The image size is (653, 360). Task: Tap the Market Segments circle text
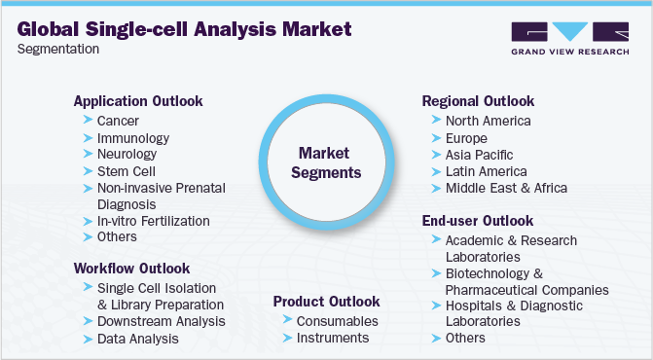point(330,162)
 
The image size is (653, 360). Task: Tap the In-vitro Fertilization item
point(153,221)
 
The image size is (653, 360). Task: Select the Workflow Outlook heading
point(131,268)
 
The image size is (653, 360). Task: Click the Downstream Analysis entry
point(161,320)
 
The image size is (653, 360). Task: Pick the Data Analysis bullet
point(137,339)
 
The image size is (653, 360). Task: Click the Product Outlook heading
point(326,302)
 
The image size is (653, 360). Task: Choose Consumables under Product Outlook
point(339,320)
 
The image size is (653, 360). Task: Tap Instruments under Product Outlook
point(332,338)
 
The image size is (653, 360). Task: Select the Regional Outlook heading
point(478,101)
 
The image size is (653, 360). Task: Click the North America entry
point(488,121)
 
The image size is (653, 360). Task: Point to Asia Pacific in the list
point(479,155)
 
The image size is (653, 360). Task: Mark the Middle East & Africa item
point(505,188)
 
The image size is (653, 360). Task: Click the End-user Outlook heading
point(477,221)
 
